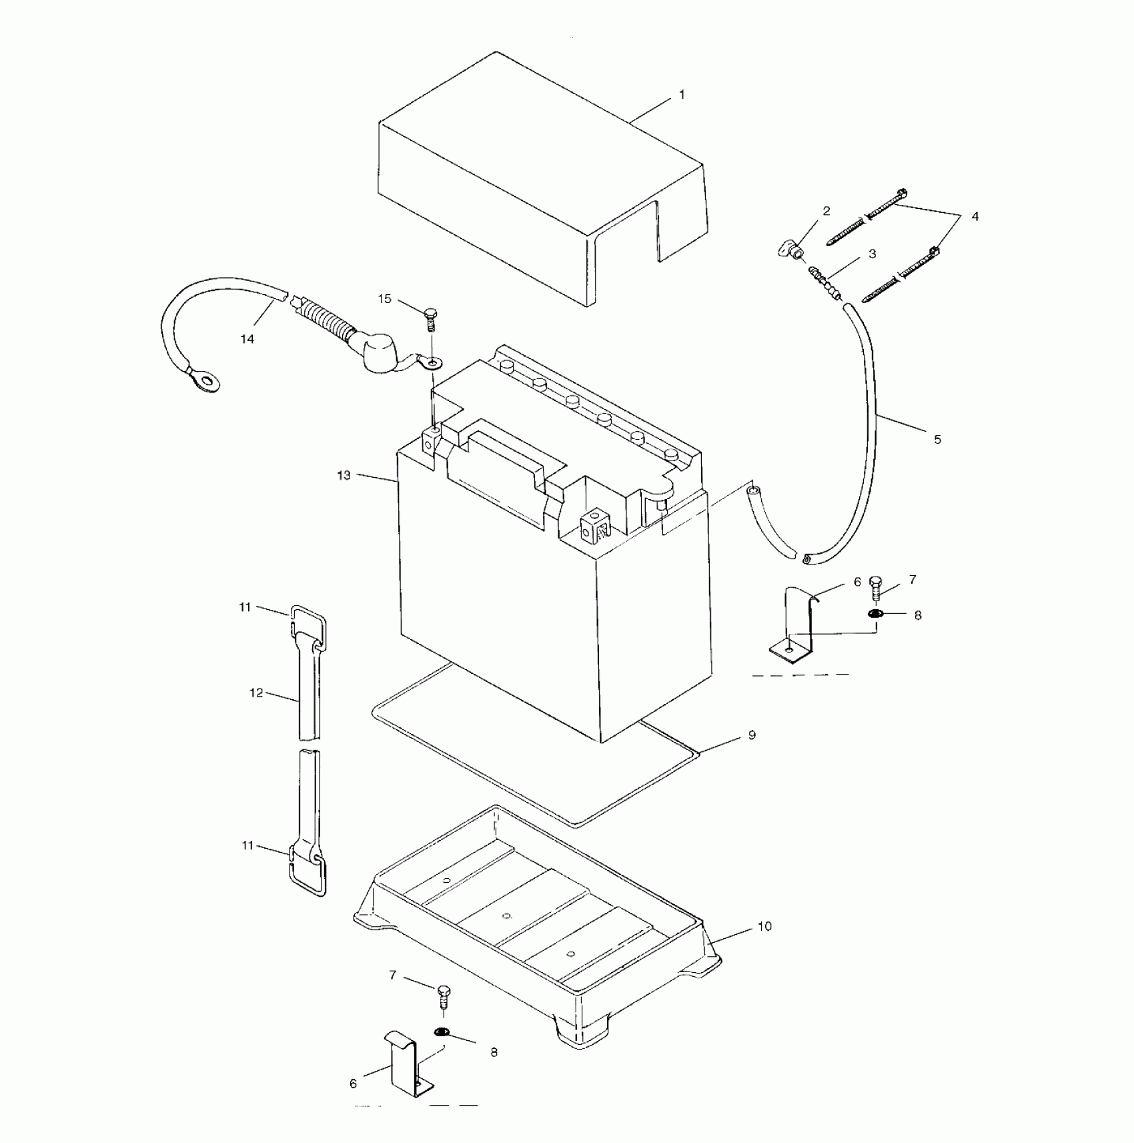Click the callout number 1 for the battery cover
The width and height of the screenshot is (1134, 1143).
click(682, 95)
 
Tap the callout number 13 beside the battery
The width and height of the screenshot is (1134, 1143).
click(344, 475)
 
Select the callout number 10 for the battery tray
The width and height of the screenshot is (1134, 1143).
click(764, 926)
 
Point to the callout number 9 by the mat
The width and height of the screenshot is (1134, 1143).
click(752, 735)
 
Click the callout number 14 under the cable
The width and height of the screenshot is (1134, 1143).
click(247, 339)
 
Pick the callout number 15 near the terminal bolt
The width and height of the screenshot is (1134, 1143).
click(385, 298)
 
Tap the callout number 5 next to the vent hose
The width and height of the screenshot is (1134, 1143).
click(937, 439)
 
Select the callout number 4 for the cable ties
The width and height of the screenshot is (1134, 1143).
click(975, 216)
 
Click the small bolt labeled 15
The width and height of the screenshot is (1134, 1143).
click(431, 318)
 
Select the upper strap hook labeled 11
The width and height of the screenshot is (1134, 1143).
click(309, 626)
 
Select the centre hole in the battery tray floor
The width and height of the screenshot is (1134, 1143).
click(507, 915)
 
